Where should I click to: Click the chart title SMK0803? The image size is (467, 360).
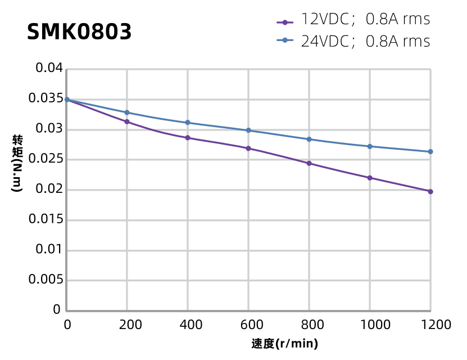click(79, 32)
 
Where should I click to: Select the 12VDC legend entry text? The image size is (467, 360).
click(365, 20)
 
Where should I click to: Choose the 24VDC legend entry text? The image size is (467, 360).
click(365, 42)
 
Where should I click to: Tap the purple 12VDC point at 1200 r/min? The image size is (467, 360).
click(430, 191)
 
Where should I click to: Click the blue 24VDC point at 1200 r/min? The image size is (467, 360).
click(430, 152)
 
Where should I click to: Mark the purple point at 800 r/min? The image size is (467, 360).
click(309, 163)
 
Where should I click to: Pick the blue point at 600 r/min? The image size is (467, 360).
click(248, 130)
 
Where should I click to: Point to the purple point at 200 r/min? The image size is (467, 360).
click(127, 121)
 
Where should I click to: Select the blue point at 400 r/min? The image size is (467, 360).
click(188, 123)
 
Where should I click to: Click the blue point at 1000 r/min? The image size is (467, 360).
click(370, 146)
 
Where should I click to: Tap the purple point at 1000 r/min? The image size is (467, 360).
click(370, 178)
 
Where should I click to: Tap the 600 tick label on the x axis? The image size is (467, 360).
click(248, 325)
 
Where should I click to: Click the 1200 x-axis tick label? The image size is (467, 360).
click(430, 325)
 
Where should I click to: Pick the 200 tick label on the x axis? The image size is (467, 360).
click(127, 325)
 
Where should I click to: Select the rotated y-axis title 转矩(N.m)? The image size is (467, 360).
click(17, 164)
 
